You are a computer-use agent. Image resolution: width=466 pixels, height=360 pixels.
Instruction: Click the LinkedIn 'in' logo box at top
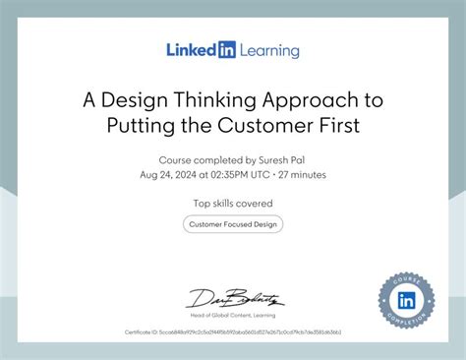coord(226,49)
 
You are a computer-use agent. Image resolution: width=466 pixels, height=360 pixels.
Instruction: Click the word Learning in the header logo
coord(268,49)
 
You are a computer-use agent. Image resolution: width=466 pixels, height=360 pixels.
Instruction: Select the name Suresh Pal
coord(281,159)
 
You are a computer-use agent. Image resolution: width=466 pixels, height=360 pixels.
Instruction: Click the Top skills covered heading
coord(233,203)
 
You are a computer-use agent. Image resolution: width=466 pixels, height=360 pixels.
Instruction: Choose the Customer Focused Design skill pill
coord(233,224)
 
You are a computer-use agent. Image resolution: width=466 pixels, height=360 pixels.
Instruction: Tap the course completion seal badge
coord(406,298)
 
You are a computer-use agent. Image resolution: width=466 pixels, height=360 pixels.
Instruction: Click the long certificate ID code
coord(254,333)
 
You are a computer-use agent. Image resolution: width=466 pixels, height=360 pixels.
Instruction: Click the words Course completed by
coord(205,159)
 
